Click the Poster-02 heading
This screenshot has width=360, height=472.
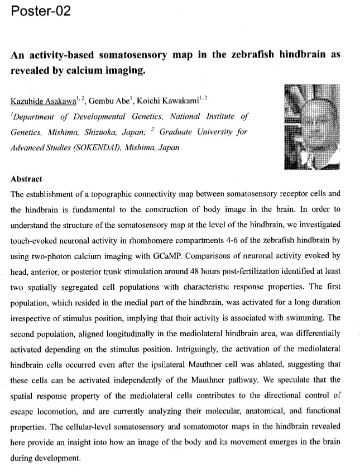[41, 11]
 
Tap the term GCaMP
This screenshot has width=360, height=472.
[171, 238]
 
